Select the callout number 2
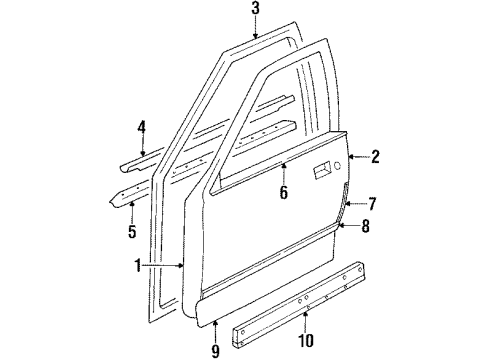pyautogui.click(x=375, y=155)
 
